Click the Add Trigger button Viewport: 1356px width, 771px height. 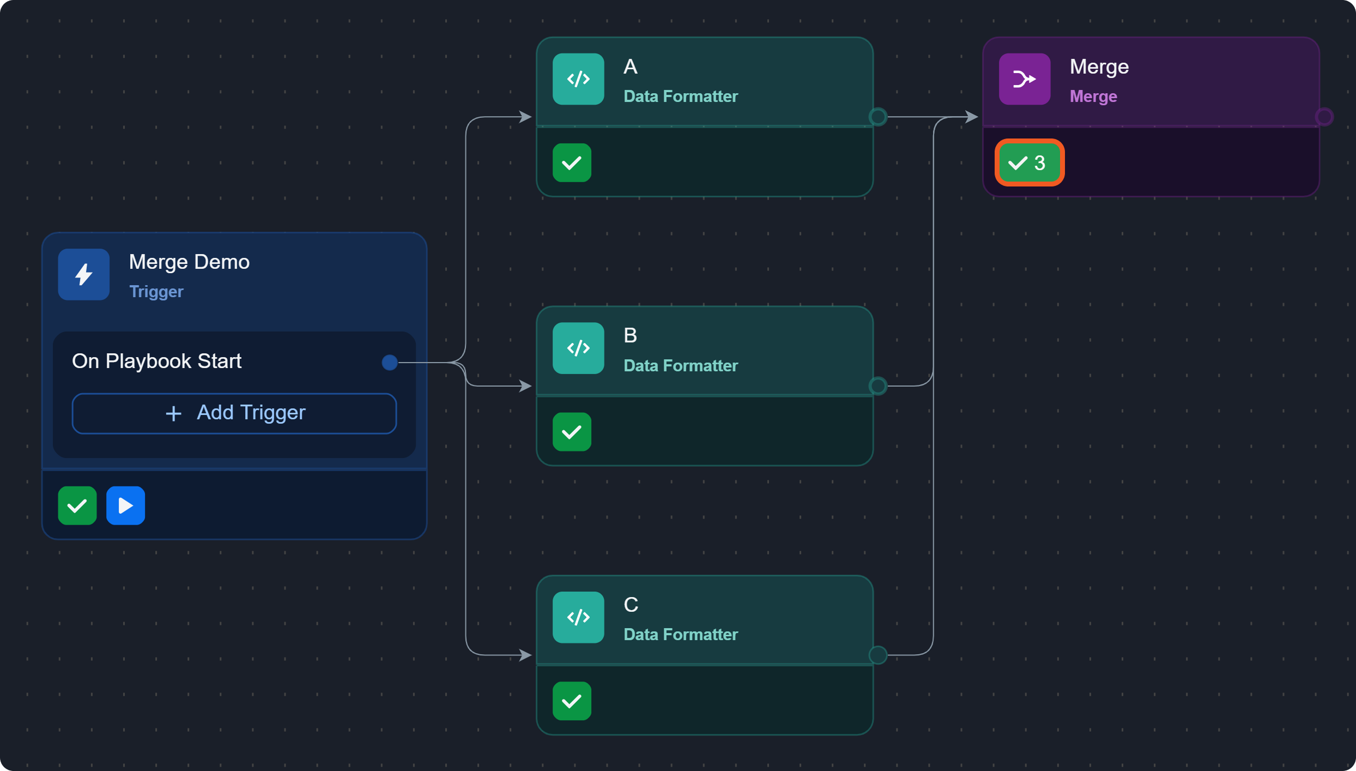(x=234, y=413)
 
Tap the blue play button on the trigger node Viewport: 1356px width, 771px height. (x=125, y=505)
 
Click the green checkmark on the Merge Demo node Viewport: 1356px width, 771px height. (x=77, y=505)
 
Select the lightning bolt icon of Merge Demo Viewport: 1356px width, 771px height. (x=84, y=274)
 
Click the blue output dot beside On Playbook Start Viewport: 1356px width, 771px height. (x=390, y=362)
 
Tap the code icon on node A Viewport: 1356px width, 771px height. (x=578, y=79)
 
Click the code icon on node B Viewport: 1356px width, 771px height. (x=578, y=348)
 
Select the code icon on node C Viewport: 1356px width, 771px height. (x=578, y=617)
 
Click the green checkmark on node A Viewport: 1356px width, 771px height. (x=572, y=162)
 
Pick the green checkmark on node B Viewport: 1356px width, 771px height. (x=572, y=432)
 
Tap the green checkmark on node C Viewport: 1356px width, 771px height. (x=572, y=701)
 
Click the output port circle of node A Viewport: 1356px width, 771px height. (x=877, y=117)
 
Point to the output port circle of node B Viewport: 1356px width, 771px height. (x=877, y=386)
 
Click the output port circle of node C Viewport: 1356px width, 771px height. (x=877, y=655)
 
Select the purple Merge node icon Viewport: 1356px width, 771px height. (x=1025, y=79)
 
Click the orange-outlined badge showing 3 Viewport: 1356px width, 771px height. (x=1029, y=162)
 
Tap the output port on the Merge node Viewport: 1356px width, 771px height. (x=1324, y=117)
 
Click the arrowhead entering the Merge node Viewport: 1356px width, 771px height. (x=971, y=117)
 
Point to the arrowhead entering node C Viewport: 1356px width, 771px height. (x=525, y=655)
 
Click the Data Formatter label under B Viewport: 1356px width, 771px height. (x=681, y=366)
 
